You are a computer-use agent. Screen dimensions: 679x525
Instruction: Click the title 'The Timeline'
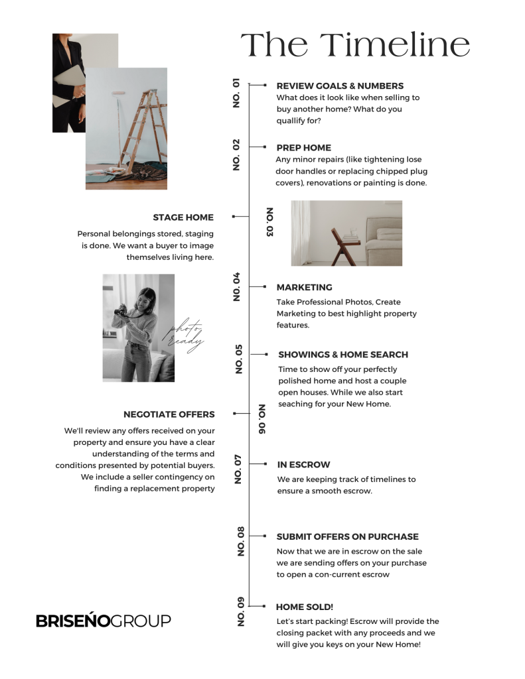click(x=355, y=45)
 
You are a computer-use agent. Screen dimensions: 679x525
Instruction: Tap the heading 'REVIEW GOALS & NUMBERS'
click(x=340, y=86)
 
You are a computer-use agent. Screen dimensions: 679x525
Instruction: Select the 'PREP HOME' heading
click(x=303, y=148)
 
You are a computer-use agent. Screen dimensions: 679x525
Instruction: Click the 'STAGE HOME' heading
click(x=183, y=217)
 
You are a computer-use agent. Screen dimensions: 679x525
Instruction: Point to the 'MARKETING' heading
click(x=304, y=288)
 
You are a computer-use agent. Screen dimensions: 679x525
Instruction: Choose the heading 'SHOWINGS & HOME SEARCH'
click(x=343, y=355)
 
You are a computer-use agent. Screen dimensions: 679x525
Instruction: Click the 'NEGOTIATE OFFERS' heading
click(x=169, y=414)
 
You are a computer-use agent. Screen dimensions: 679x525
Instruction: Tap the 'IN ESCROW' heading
click(x=303, y=465)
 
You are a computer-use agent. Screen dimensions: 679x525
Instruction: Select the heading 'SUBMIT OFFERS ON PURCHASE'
click(x=347, y=536)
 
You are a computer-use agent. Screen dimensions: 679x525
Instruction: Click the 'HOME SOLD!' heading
click(x=305, y=607)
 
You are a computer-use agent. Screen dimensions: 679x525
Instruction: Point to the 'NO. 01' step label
click(x=236, y=93)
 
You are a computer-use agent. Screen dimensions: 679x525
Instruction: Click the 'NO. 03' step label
click(x=269, y=222)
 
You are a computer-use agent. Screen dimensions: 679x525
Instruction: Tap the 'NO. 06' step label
click(x=262, y=419)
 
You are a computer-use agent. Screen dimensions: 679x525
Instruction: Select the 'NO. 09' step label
click(x=240, y=612)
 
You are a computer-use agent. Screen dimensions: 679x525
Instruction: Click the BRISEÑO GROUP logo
click(x=103, y=621)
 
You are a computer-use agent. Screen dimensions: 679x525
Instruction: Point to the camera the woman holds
click(x=124, y=311)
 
